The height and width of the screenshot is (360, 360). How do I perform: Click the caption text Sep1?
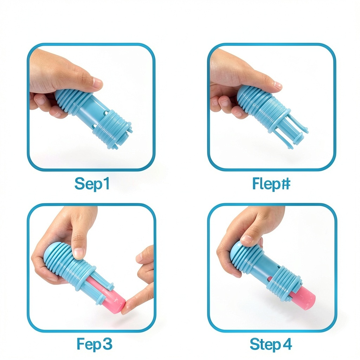pos(92,184)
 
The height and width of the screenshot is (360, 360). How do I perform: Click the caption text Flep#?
pos(271,184)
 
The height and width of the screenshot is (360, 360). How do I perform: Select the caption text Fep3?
pos(94,344)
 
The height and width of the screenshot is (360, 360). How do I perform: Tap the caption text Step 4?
pos(271,344)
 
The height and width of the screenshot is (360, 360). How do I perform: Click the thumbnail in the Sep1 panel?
pos(97,84)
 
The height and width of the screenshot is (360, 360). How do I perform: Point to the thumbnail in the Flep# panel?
pos(278,86)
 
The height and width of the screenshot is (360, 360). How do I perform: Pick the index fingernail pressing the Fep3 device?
pos(79,252)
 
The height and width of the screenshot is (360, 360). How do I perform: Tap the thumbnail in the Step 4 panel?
pos(247,239)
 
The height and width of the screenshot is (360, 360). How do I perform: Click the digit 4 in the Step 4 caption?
pos(287,344)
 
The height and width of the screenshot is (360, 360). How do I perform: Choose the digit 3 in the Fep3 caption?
pos(107,344)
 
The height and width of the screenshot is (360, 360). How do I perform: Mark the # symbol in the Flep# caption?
pos(286,184)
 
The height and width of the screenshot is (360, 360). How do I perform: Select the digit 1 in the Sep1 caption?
pos(106,184)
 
